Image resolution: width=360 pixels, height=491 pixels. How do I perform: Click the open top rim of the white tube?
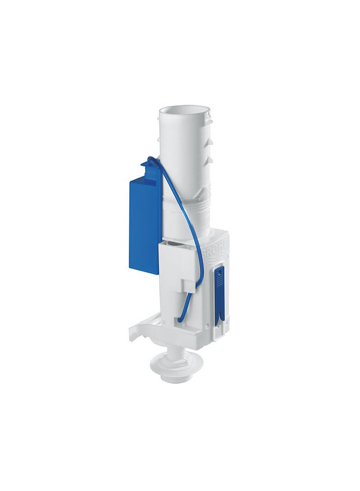coord(184,112)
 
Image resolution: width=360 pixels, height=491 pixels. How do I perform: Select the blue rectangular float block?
coord(143,218)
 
